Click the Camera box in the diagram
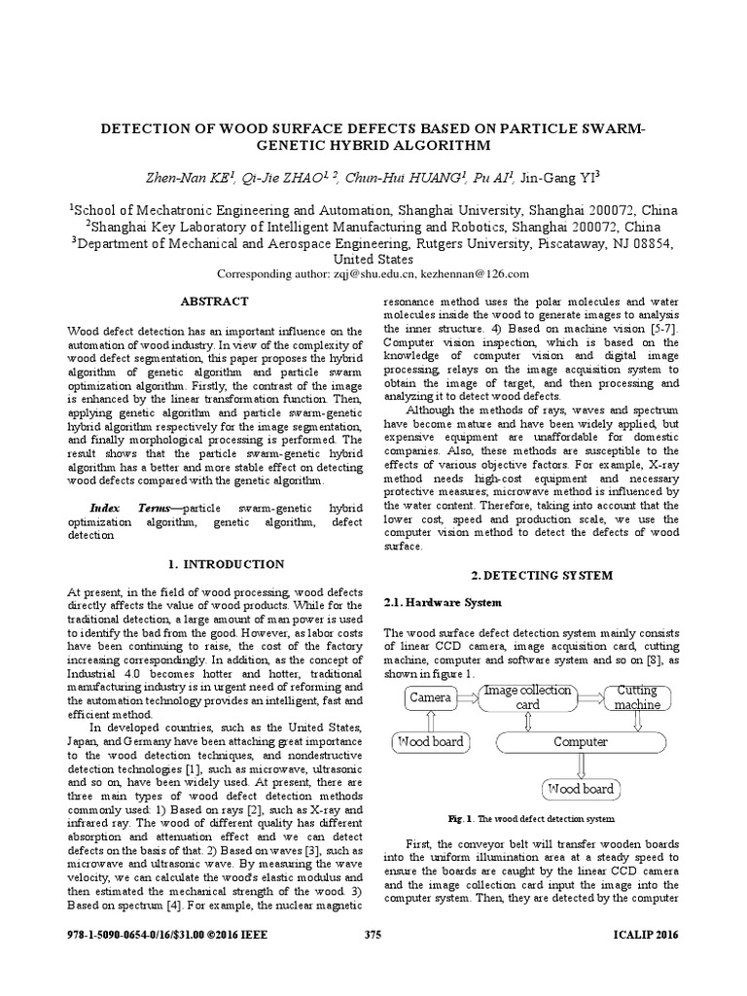[x=429, y=697]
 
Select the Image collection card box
[x=526, y=697]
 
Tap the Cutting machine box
[x=638, y=697]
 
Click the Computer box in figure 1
[x=581, y=742]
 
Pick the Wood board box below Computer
[x=581, y=788]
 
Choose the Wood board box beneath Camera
[x=429, y=742]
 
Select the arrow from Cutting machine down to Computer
[x=638, y=721]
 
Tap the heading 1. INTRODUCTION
[x=226, y=564]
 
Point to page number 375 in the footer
[x=373, y=936]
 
